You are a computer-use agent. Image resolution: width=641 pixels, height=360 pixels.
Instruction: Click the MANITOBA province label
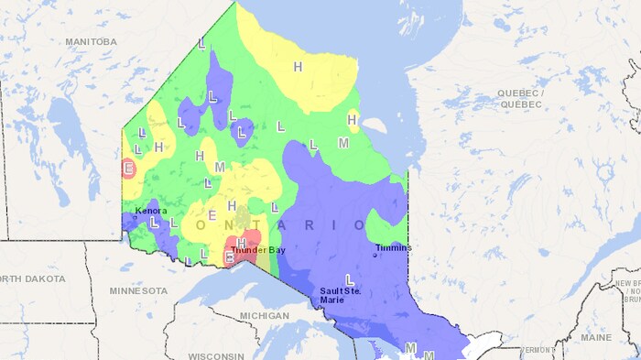(91, 42)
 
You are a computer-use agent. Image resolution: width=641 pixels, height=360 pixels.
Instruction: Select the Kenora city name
(151, 211)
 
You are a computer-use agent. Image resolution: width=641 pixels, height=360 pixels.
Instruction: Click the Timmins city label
(393, 247)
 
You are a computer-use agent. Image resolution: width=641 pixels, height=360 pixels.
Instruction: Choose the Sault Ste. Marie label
(340, 295)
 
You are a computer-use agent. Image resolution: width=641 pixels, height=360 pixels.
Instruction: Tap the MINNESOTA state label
(138, 290)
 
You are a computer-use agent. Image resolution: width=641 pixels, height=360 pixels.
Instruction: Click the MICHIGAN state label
(264, 315)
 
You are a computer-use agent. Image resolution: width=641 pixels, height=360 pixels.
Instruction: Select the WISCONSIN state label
(218, 355)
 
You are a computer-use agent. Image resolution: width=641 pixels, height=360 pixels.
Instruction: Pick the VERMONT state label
(537, 350)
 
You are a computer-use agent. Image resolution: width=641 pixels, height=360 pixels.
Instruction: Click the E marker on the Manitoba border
(129, 168)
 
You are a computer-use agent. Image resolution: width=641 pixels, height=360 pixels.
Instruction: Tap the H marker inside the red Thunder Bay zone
(242, 242)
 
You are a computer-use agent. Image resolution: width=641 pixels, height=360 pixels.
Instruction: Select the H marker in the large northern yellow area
(298, 67)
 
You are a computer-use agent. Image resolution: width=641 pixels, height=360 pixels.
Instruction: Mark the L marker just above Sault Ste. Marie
(348, 278)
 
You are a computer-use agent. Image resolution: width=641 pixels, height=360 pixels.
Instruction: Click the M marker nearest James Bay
(343, 144)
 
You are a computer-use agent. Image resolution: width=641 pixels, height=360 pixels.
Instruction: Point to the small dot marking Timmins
(375, 255)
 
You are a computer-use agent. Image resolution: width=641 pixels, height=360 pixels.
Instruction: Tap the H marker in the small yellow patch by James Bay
(352, 118)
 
